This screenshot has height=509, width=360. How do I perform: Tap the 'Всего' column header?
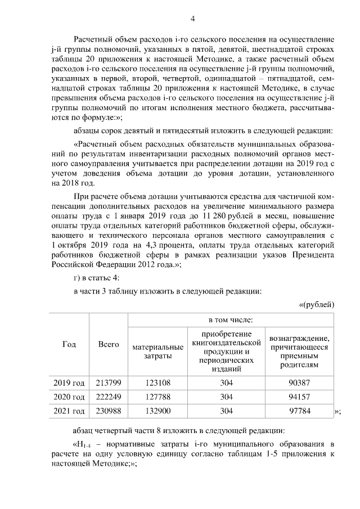pos(109,344)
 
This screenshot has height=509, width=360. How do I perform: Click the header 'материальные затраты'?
pos(157,352)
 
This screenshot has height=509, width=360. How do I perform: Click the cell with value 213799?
pos(109,383)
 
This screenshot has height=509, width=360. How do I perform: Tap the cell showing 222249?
pos(109,397)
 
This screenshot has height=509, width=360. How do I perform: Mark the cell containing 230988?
pos(109,411)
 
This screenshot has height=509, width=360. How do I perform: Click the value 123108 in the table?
pos(157,383)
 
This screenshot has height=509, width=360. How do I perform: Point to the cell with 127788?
pos(157,397)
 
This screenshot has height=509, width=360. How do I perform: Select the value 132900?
pos(157,411)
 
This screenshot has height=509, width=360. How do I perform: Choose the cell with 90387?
pos(299,383)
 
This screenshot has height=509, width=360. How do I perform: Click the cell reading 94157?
pos(299,397)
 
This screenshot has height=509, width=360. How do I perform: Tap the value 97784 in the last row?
pos(299,411)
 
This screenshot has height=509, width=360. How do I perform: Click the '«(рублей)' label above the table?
pos(316,304)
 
